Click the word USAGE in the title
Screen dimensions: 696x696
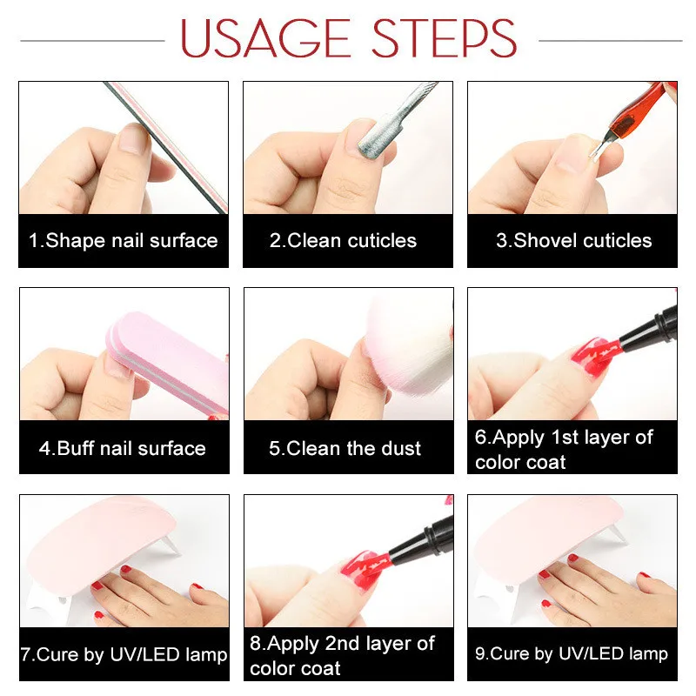coord(265,38)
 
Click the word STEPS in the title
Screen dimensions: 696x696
coord(445,38)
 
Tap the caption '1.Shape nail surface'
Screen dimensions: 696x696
coord(123,241)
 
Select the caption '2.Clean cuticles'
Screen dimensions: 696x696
coord(343,241)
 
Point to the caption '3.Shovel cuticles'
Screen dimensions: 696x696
coord(574,241)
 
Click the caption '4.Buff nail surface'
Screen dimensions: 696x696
coord(123,448)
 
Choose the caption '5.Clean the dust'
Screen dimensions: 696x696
coord(345,448)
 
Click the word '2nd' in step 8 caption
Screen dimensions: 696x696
coord(342,644)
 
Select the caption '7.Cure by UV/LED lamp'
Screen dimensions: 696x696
coord(124,655)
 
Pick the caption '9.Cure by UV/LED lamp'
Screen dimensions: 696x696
coord(572,654)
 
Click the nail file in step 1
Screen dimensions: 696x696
coord(166,147)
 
